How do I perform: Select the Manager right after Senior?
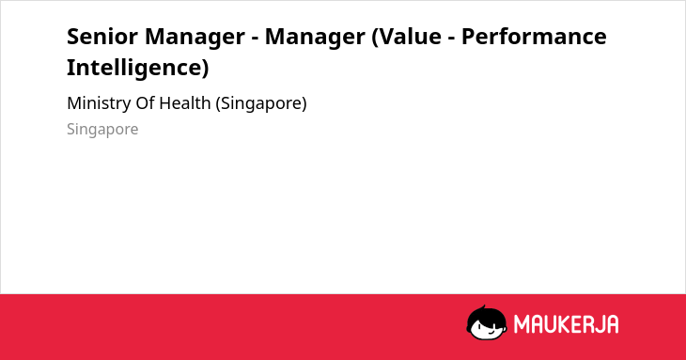tap(195, 38)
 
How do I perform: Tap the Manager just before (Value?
tap(315, 38)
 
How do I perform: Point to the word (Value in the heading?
tap(407, 37)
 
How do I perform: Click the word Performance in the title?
tap(534, 37)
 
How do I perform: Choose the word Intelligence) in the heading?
tap(138, 68)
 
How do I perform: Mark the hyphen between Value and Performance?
tap(451, 39)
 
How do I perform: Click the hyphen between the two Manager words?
tap(255, 39)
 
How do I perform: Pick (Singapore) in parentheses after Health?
tap(261, 104)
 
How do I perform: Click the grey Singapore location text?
tap(102, 130)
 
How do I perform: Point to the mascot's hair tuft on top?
tap(483, 307)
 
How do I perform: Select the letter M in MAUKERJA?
tap(522, 324)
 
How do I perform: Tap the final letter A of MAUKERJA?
tap(612, 324)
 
